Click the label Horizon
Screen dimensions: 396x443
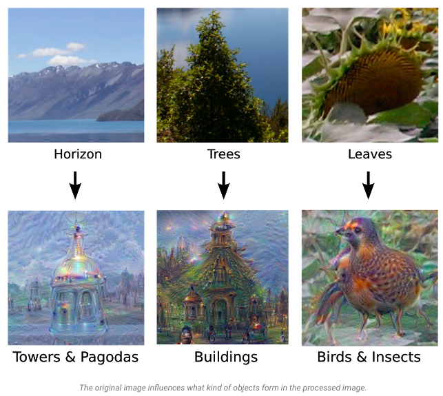point(77,154)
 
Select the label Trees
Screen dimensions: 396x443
point(223,154)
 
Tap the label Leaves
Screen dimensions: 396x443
point(370,154)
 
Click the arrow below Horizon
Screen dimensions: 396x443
point(76,184)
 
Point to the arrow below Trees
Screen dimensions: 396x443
point(223,184)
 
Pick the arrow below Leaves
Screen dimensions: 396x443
point(369,184)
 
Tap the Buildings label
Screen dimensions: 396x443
point(225,357)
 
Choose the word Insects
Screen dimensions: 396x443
point(396,357)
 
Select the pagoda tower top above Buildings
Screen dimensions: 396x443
point(222,227)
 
